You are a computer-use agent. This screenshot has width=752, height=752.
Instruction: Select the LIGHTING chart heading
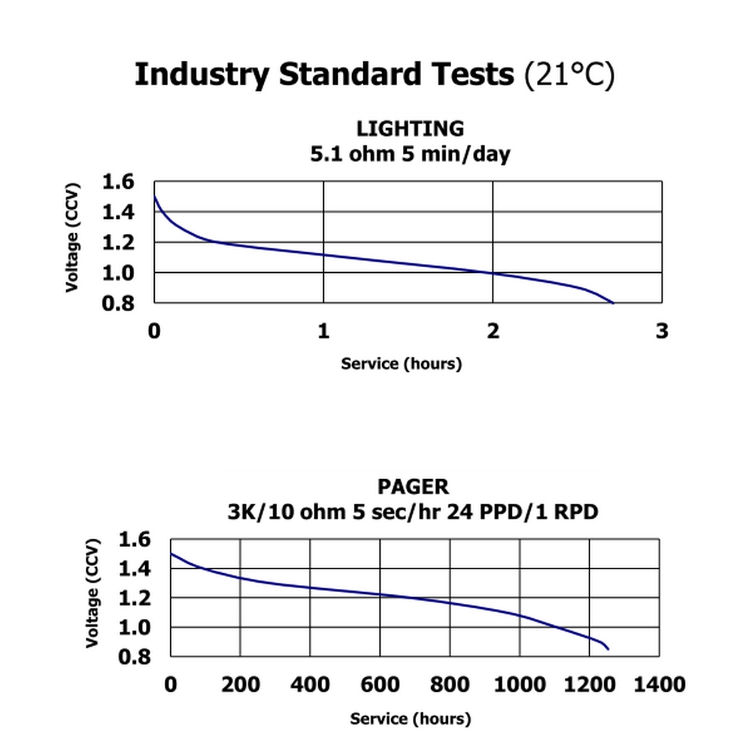(410, 129)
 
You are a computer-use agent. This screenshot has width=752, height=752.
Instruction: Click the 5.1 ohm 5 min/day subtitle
(410, 154)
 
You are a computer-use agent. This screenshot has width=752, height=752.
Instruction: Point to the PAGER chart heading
(413, 487)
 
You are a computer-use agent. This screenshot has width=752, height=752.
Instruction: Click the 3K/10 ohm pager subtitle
(413, 513)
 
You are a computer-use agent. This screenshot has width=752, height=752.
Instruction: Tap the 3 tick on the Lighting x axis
(662, 331)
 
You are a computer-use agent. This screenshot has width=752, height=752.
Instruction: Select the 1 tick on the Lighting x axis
(323, 331)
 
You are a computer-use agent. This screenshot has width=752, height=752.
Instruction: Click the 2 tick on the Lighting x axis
(493, 331)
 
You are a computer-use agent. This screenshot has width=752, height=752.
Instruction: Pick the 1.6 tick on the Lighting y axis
(117, 182)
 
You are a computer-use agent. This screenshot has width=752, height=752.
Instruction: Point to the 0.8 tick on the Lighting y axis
(117, 303)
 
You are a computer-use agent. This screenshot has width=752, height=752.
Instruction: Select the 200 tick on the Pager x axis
(241, 685)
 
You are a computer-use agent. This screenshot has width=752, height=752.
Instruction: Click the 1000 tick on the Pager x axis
(520, 685)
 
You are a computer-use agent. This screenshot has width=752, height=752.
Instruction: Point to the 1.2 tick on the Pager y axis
(135, 599)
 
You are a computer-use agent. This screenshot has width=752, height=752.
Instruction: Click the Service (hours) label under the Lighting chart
(401, 364)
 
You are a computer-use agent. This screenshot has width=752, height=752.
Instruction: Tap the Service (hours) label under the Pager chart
(410, 719)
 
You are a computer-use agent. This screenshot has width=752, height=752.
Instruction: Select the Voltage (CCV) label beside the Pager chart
(92, 594)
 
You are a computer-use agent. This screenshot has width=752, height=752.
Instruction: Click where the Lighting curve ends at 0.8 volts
(614, 302)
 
